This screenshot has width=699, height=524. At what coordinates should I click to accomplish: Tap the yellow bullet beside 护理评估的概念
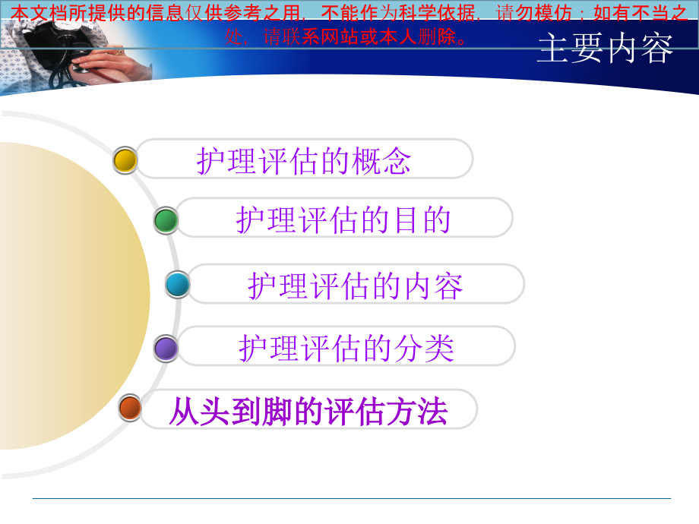coord(125,160)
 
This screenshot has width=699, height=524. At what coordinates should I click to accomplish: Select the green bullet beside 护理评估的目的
coord(166,220)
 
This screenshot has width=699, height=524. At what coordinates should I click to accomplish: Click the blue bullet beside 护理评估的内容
coord(178,285)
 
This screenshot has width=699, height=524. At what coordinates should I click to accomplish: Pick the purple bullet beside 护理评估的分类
coord(166,349)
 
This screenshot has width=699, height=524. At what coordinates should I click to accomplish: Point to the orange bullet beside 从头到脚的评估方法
coord(130,408)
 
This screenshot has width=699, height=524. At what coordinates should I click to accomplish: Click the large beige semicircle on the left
coord(68,296)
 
